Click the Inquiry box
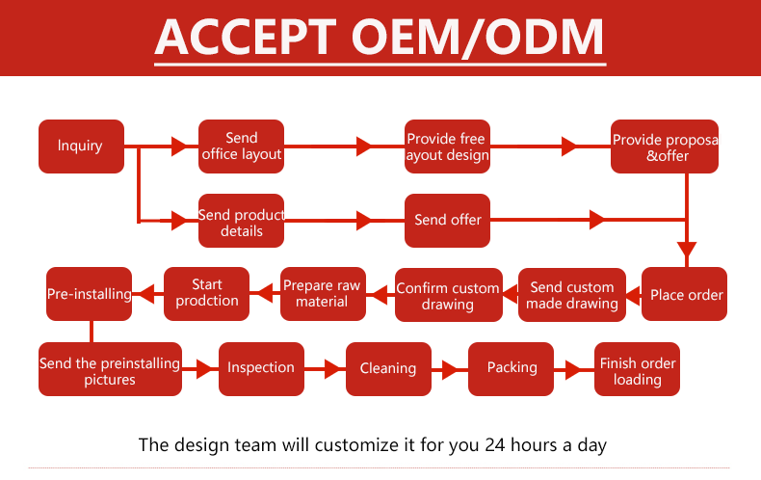pos(81,147)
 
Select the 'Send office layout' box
pos(241,147)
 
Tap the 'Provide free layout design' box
pos(447,147)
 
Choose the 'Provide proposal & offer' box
pos(665,147)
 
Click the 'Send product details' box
pos(241,221)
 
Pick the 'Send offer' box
pos(447,220)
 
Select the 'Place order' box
pos(685,294)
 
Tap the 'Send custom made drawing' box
pos(573,295)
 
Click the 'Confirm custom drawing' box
pos(448,295)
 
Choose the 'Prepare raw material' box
pos(322,293)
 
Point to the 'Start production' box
pos(207,293)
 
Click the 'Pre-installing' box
pos(90,293)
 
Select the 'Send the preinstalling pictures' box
pos(110,369)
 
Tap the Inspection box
pos(261,368)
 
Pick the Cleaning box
pos(388,368)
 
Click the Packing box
pos(512,368)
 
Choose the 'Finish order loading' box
pos(637,369)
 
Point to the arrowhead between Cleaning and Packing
pos(449,368)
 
